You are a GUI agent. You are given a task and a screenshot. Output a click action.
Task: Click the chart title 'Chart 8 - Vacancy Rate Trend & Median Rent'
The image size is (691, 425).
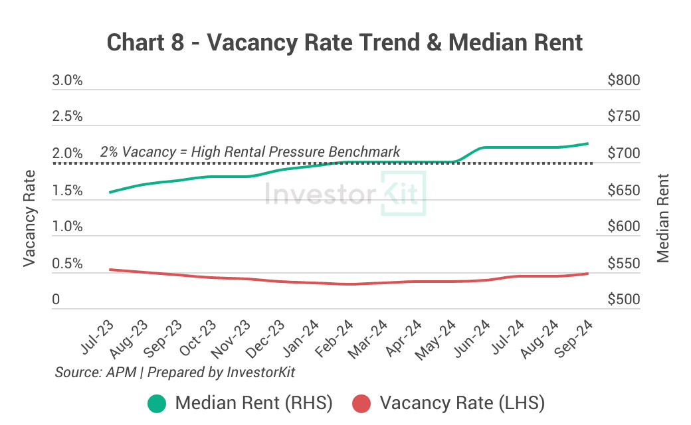click(345, 42)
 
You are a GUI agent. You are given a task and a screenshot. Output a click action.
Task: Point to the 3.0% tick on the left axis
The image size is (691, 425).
click(67, 80)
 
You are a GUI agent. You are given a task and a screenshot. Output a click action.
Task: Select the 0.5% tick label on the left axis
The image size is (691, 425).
click(67, 264)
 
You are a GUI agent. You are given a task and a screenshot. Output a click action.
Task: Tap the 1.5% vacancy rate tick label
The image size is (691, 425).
click(67, 191)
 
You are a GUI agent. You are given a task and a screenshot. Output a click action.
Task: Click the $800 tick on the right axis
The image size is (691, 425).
click(623, 80)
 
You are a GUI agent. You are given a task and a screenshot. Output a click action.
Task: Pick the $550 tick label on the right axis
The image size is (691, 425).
click(623, 264)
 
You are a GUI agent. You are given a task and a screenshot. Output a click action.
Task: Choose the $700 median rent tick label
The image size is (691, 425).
click(623, 153)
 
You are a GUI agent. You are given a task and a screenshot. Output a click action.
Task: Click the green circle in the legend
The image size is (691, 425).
click(157, 403)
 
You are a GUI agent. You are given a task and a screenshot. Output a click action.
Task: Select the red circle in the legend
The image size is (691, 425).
click(361, 403)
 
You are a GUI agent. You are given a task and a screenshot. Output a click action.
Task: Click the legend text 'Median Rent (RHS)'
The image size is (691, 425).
click(253, 403)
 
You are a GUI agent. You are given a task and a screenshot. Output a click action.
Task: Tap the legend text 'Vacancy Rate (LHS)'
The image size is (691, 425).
click(462, 403)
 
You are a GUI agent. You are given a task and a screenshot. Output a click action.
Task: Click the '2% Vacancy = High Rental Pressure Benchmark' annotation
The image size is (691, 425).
click(250, 151)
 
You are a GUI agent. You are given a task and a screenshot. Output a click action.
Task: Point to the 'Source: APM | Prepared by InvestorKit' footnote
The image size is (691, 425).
click(175, 372)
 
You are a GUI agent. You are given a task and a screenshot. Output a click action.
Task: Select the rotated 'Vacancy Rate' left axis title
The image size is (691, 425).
click(29, 218)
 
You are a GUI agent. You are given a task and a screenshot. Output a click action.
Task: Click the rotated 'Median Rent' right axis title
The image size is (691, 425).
click(662, 218)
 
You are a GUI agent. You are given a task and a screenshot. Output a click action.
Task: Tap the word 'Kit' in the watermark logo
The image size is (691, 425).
click(404, 194)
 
